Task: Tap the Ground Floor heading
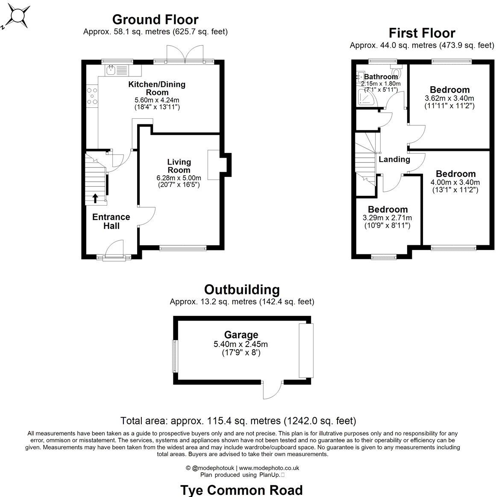pyautogui.click(x=155, y=20)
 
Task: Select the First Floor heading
pyautogui.click(x=422, y=33)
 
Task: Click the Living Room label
pyautogui.click(x=179, y=166)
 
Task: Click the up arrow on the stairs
pyautogui.click(x=95, y=198)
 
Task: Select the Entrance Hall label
pyautogui.click(x=111, y=221)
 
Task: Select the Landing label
pyautogui.click(x=394, y=159)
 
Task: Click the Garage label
pyautogui.click(x=241, y=335)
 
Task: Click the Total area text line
pyautogui.click(x=238, y=421)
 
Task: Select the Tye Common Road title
pyautogui.click(x=241, y=490)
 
